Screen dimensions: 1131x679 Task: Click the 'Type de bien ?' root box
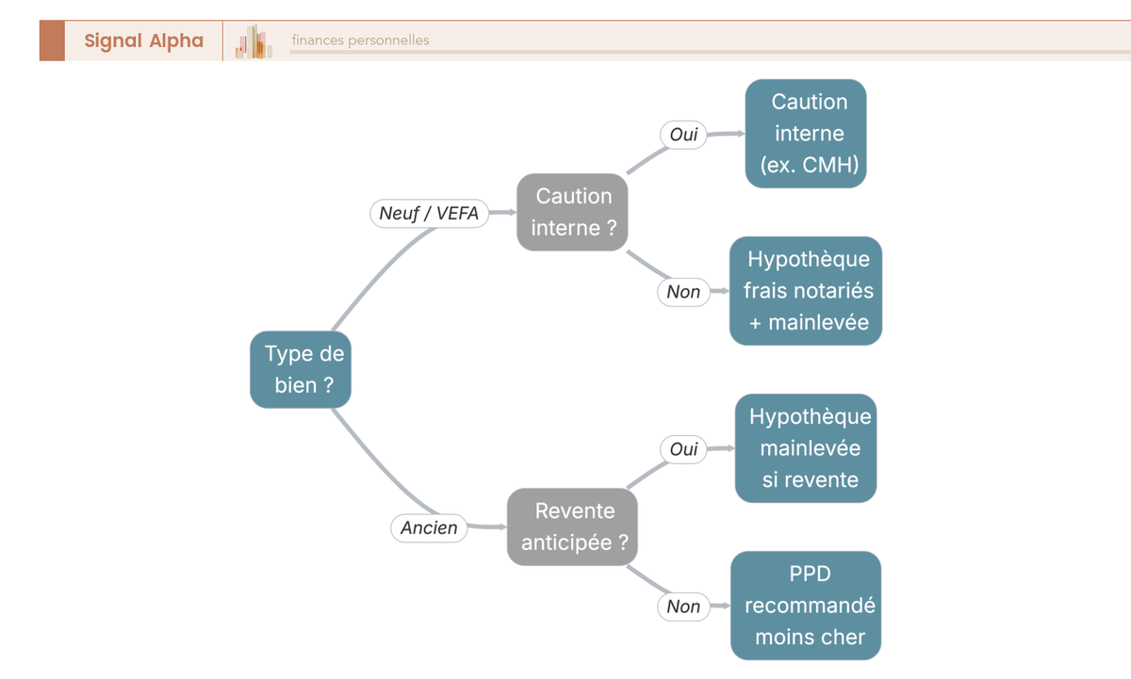tap(301, 369)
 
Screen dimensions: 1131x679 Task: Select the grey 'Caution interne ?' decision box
tap(572, 212)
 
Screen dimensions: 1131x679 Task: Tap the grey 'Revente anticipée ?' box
tap(572, 526)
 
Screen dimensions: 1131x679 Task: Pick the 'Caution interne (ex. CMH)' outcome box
tap(806, 133)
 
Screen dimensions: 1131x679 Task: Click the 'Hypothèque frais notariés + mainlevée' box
tap(806, 291)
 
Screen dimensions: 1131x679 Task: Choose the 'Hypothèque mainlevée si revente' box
tap(806, 448)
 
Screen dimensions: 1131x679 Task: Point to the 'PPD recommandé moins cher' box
tap(806, 606)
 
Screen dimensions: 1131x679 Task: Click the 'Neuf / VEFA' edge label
tap(429, 213)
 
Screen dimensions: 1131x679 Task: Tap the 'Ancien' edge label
tap(429, 527)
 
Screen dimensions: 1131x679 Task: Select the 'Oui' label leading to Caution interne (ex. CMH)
tap(683, 134)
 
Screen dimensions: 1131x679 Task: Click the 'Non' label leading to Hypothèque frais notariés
tap(683, 292)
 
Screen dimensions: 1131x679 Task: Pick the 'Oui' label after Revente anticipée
tap(683, 449)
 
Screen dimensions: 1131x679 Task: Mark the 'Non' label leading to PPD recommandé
tap(683, 606)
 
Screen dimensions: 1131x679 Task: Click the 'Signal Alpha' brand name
tap(144, 40)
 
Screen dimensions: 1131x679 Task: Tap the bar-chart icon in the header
tap(254, 40)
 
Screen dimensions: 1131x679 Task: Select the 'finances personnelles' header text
tap(360, 40)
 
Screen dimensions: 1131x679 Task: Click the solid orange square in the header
tap(52, 40)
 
